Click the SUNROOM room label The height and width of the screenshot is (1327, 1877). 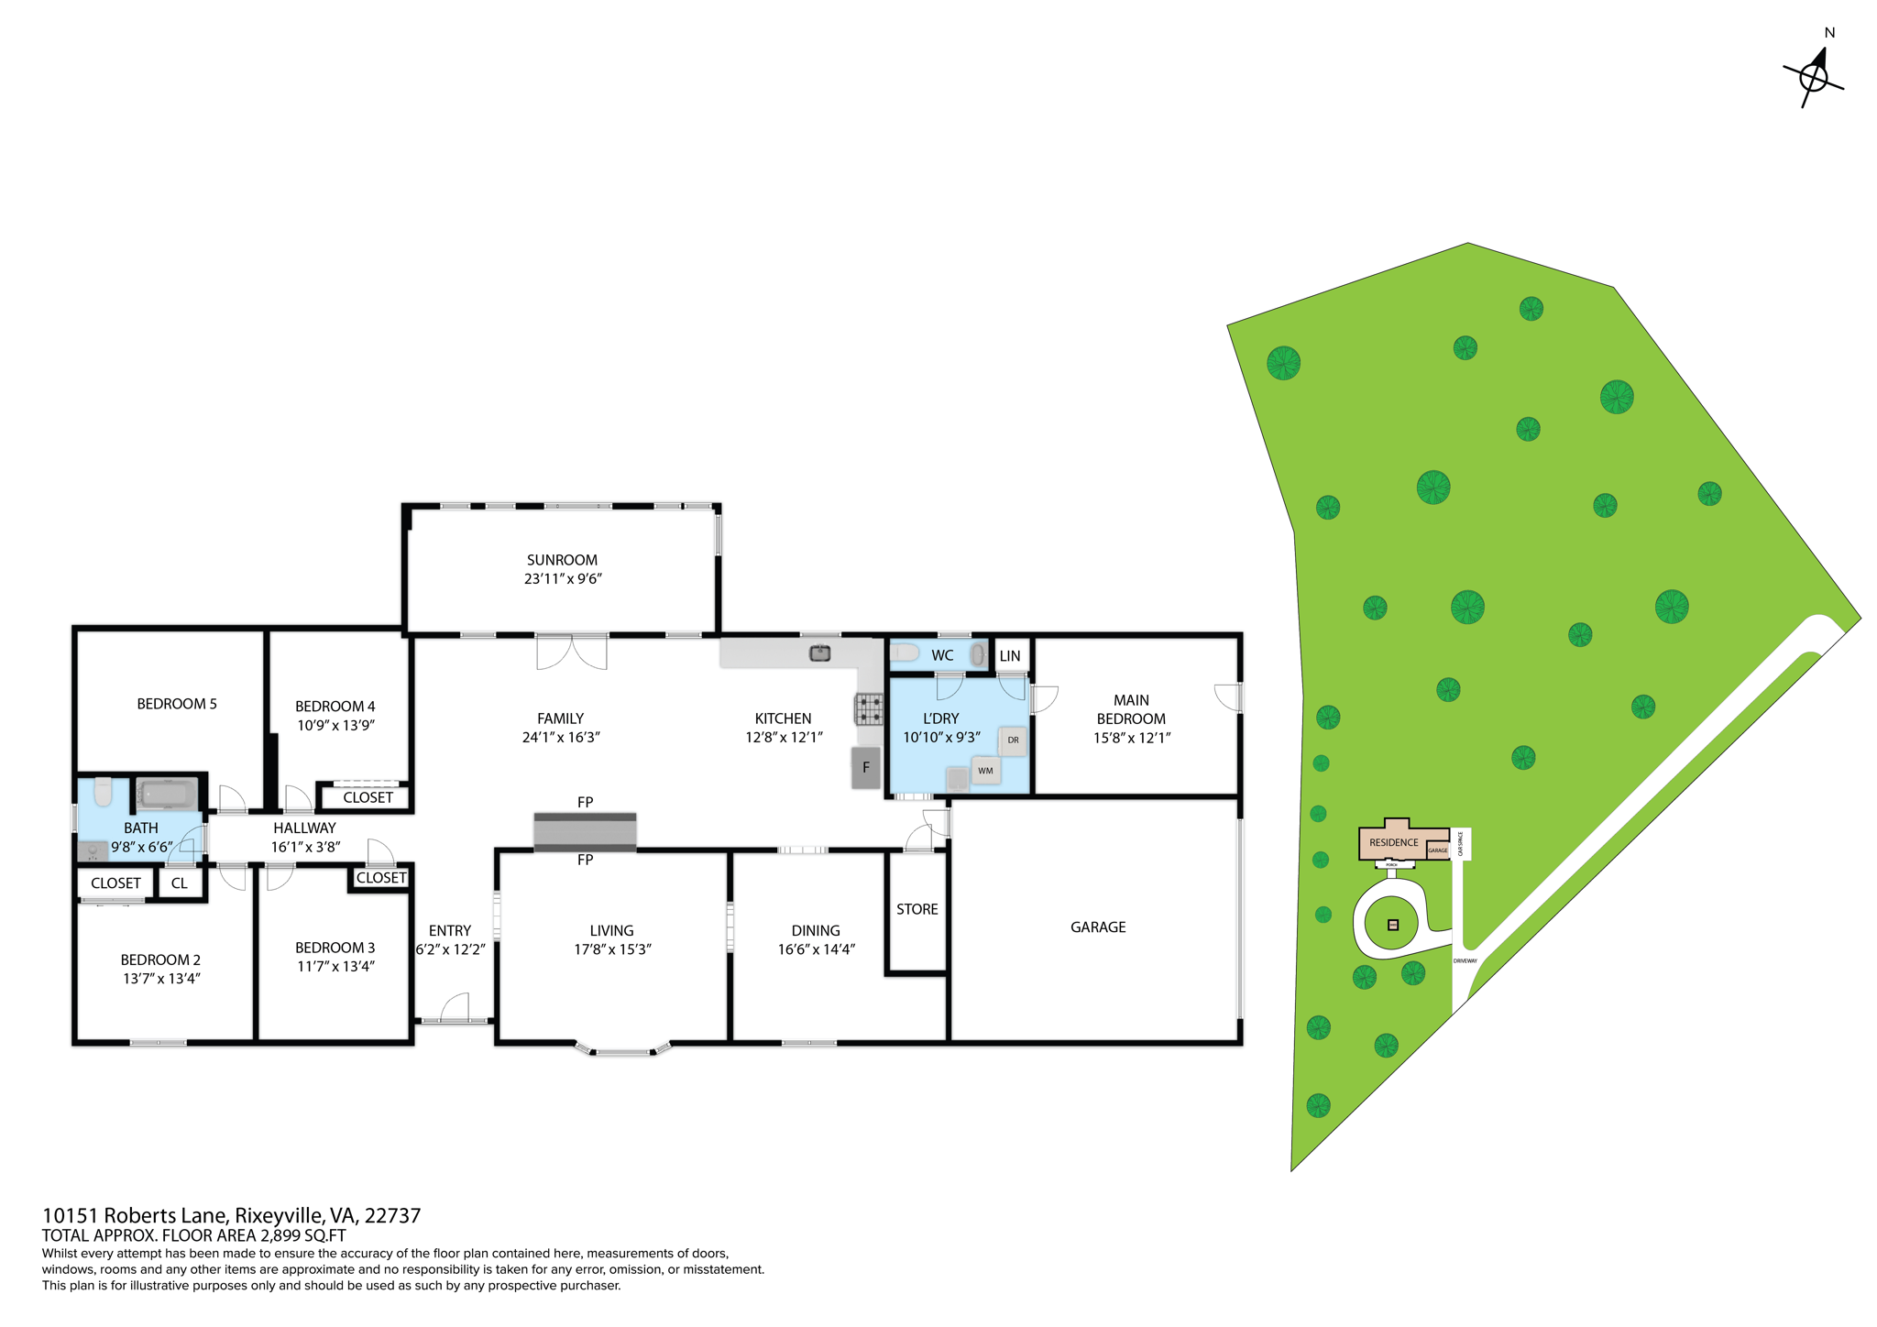click(562, 560)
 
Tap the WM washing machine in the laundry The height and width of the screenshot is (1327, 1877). click(985, 771)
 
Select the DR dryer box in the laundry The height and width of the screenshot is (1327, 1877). click(1013, 740)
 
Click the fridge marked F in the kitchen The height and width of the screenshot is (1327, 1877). click(866, 768)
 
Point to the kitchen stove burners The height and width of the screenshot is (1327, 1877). click(869, 709)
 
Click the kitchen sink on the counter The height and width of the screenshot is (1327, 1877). click(820, 653)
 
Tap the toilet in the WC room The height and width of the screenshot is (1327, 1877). click(905, 653)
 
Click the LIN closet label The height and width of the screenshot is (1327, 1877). click(1010, 656)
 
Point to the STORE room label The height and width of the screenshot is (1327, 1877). click(917, 909)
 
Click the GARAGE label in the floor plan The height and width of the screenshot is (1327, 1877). click(1098, 927)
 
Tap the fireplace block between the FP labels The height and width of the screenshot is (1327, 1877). click(585, 831)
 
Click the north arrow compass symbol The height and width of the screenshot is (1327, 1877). click(1814, 77)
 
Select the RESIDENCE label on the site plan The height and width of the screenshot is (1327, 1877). click(1393, 842)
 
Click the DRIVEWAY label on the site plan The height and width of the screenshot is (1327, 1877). click(1465, 960)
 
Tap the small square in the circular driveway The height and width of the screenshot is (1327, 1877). click(1393, 925)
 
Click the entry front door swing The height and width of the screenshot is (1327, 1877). click(455, 1008)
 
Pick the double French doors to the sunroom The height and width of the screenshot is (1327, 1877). click(572, 651)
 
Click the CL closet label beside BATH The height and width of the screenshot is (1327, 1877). click(180, 883)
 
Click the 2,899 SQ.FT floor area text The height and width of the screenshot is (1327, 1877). click(302, 1235)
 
